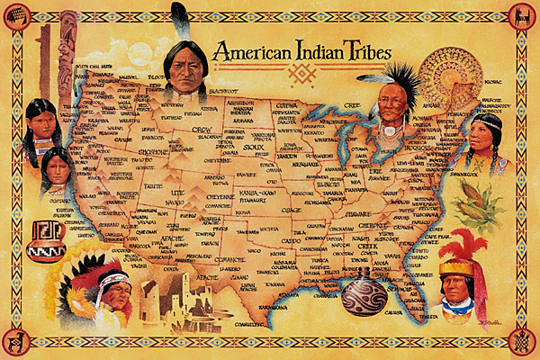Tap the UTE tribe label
(177, 193)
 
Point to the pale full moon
(139, 55)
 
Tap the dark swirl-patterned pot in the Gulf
(364, 294)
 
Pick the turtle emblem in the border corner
(521, 341)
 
